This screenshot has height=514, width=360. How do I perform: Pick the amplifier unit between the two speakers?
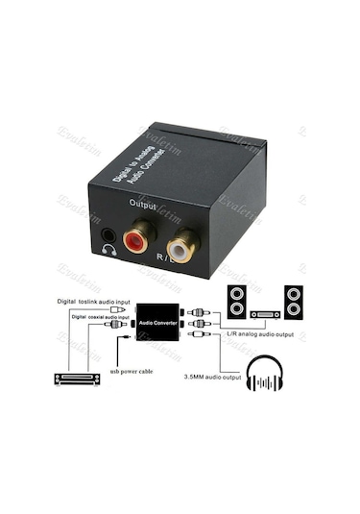click(266, 313)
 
